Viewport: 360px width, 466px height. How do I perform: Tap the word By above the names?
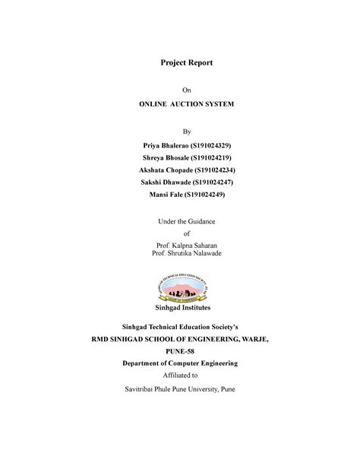pyautogui.click(x=180, y=131)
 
